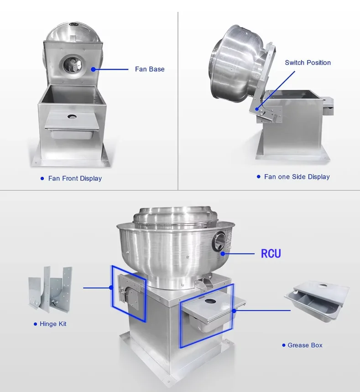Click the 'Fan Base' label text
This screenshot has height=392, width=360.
[x=150, y=69]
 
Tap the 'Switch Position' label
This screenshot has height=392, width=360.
[x=308, y=62]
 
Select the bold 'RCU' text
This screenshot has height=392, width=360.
[x=271, y=253]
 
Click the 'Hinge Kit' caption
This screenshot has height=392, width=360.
[x=53, y=324]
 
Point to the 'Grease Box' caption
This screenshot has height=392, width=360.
[x=305, y=345]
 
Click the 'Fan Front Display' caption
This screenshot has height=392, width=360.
[x=75, y=179]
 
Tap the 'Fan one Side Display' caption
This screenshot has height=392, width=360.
[x=297, y=177]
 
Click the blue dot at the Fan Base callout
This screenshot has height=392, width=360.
[x=94, y=69]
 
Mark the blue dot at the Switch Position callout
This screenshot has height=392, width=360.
[x=257, y=109]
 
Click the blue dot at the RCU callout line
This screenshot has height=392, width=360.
[x=223, y=254]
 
